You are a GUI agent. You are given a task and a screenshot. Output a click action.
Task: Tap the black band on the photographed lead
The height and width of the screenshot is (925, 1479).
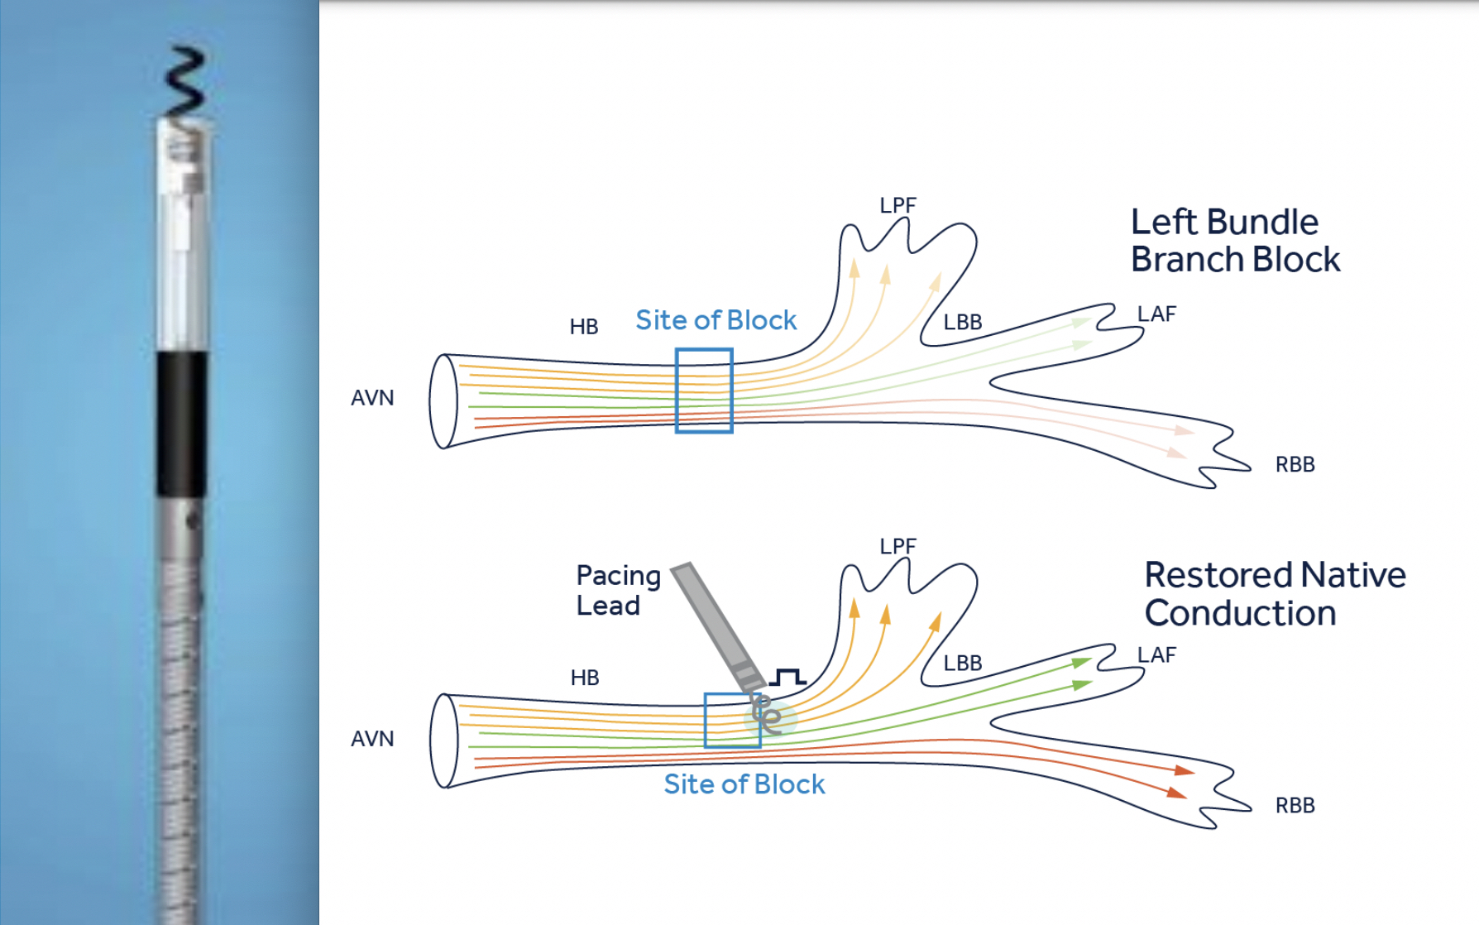182,423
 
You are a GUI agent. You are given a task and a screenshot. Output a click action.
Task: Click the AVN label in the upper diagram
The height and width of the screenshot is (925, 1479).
372,398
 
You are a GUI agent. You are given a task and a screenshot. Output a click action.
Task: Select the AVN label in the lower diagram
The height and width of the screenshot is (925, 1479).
372,739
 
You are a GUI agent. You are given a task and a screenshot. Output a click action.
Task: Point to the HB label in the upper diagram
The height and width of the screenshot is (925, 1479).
584,327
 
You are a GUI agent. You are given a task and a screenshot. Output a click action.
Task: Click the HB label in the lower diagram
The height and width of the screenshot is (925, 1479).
585,678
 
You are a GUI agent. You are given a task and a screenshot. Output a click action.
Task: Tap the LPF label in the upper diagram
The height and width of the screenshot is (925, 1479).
897,205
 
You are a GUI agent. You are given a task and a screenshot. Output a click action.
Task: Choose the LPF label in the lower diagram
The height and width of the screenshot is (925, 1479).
897,546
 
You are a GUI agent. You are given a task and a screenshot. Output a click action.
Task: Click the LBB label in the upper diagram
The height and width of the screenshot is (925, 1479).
963,322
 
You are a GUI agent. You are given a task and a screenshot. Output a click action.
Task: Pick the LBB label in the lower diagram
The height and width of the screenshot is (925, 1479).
963,663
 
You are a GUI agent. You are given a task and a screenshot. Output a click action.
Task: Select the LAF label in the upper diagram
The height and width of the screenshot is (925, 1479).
1156,314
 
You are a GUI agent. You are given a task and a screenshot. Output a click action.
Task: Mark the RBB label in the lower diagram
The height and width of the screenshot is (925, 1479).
1295,805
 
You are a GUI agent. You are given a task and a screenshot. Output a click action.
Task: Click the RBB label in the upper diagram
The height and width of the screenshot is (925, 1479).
1295,464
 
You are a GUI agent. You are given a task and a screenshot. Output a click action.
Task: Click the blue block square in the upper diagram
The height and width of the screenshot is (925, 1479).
704,391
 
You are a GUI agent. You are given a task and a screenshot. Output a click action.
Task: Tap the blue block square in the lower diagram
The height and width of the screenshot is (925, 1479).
731,721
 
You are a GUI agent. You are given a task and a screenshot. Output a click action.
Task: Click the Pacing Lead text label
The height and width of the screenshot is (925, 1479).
618,590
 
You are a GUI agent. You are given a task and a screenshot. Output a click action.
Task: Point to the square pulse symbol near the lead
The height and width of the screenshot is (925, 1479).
787,678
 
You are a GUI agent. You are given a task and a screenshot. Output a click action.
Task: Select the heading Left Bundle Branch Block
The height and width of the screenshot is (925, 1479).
1234,241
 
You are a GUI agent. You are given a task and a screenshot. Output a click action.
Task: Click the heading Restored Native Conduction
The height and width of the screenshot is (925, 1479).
1274,594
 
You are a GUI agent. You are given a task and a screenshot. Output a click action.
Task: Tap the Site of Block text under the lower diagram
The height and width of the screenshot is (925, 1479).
744,784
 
